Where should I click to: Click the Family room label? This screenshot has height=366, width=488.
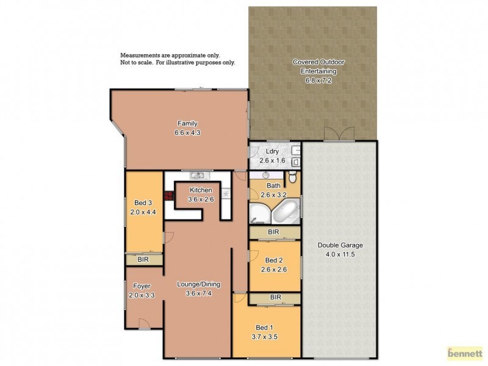point(187,123)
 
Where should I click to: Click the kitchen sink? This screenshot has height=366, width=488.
point(197,176)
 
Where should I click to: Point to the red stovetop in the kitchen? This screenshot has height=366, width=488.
point(168,196)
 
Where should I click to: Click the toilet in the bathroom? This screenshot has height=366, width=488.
point(293,177)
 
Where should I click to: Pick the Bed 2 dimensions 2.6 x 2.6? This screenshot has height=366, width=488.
point(274,269)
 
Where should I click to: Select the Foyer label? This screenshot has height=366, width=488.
point(140,286)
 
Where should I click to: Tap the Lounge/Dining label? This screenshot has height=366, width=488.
point(198,284)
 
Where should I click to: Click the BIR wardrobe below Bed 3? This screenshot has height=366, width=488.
point(143,260)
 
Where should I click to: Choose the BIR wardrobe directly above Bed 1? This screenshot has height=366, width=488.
point(275,298)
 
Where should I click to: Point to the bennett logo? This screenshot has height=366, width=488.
point(465,353)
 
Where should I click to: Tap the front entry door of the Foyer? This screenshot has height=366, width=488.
point(143,323)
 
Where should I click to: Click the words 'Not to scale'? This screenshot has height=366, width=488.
point(137,62)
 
